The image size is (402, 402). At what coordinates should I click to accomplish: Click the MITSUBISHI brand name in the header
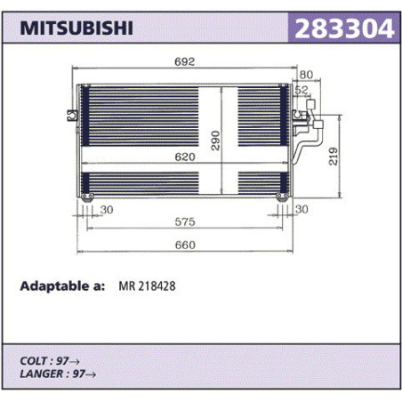click(76, 28)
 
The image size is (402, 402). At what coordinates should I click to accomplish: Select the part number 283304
click(344, 28)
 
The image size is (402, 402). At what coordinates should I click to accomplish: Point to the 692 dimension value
click(185, 61)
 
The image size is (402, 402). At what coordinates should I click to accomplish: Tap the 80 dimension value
click(306, 75)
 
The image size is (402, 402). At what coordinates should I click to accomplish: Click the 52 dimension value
click(301, 90)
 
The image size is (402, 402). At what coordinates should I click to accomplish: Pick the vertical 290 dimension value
click(215, 141)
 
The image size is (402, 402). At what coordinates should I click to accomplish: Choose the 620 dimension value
click(185, 157)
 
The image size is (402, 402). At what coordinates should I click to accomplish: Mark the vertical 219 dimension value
click(334, 157)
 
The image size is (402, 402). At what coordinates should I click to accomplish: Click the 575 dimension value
click(185, 221)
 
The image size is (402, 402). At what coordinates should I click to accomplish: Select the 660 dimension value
click(185, 245)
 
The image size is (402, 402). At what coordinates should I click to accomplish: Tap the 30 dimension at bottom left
click(107, 210)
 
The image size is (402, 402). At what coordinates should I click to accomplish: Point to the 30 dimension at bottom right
click(301, 209)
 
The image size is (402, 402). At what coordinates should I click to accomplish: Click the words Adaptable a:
click(62, 286)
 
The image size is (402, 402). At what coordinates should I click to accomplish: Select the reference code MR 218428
click(147, 286)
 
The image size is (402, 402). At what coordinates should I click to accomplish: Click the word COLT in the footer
click(34, 361)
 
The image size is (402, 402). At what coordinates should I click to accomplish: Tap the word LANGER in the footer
click(42, 374)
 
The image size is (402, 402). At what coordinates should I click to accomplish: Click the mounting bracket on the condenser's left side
click(73, 116)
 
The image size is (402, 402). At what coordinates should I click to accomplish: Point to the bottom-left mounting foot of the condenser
click(87, 197)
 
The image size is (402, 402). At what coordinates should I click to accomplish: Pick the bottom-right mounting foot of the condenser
click(282, 197)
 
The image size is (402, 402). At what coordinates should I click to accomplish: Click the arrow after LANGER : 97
click(91, 374)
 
